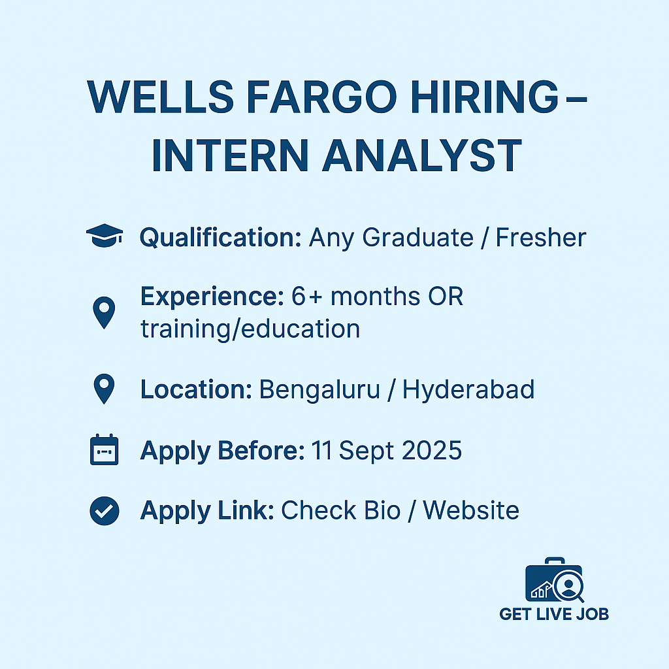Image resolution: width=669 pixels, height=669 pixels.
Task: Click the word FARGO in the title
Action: (x=321, y=97)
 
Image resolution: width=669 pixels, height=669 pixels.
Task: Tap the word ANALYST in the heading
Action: (x=423, y=155)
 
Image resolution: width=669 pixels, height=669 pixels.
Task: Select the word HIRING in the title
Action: (x=485, y=97)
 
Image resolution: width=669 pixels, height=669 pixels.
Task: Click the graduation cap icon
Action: (x=105, y=235)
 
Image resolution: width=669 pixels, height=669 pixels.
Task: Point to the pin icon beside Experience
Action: (x=104, y=312)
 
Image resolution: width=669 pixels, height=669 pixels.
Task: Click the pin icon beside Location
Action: (x=104, y=389)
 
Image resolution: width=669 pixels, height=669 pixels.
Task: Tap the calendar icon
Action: (x=104, y=449)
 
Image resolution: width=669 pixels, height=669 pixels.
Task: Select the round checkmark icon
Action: (x=105, y=511)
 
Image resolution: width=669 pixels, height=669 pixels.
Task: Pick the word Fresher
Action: (x=541, y=238)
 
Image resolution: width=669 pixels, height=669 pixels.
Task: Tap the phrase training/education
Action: (x=250, y=329)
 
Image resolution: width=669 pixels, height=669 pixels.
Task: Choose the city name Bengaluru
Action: (x=319, y=390)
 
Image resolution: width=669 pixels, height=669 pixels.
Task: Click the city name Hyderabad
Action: (x=468, y=390)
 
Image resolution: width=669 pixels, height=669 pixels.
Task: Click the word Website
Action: (x=471, y=510)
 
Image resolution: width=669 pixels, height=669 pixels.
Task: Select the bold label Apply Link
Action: (x=207, y=511)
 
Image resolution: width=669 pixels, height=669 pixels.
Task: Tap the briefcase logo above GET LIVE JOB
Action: (x=554, y=580)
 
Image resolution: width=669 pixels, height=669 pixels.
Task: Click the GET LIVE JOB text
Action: (x=554, y=614)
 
